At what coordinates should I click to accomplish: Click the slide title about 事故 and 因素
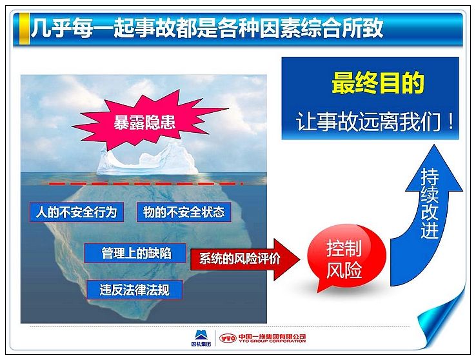pos(207,28)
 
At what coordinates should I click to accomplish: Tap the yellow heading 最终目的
pos(378,83)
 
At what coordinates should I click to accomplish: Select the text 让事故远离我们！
pos(375,121)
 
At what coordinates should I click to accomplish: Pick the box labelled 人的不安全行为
pos(77,212)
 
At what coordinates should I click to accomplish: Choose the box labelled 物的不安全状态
pos(184,212)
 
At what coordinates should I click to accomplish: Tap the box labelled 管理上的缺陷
pos(135,253)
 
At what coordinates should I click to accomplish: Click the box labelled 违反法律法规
pos(135,290)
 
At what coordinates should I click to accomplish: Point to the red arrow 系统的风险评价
pos(245,259)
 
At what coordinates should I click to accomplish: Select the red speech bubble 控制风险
pos(346,257)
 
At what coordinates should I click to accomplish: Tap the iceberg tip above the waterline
pos(148,159)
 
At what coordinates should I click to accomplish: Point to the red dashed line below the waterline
pos(146,184)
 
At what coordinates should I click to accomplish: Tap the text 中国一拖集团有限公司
pos(272,336)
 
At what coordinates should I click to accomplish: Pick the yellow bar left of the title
pos(25,29)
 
